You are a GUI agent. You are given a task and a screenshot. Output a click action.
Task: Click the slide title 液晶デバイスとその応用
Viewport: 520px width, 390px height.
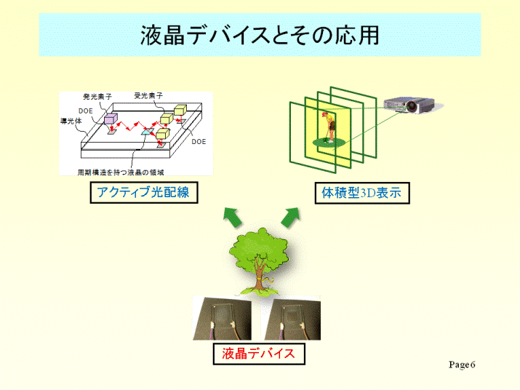point(260,35)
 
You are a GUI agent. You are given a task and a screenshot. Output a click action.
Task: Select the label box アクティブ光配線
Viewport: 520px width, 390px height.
point(144,193)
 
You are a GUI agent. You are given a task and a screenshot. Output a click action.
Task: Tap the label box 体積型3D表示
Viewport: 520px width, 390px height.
point(362,193)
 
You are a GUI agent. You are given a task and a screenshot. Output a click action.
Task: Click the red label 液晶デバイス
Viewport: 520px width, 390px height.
point(259,354)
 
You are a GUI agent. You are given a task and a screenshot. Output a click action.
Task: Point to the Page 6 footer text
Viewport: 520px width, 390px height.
point(462,365)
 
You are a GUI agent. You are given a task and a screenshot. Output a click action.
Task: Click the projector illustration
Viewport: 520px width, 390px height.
point(411,105)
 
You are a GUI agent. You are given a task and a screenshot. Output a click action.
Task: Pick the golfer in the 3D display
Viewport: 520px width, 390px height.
point(329,127)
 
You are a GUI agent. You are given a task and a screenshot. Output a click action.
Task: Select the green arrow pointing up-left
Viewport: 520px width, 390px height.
point(233,217)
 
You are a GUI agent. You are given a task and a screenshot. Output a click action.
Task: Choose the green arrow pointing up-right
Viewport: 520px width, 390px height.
point(290,217)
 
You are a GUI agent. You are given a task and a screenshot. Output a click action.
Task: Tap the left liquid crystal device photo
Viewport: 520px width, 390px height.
point(223,318)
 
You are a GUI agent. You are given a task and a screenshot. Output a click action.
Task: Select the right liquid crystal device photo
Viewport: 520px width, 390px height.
point(292,318)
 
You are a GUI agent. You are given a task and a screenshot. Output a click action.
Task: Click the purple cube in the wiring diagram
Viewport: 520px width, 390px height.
point(111,118)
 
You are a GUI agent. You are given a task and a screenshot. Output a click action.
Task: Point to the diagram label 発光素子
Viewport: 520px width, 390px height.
point(97,97)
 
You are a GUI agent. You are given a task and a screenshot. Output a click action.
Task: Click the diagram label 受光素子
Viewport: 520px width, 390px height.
point(148,95)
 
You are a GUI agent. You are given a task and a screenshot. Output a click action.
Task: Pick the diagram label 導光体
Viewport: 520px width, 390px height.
point(71,121)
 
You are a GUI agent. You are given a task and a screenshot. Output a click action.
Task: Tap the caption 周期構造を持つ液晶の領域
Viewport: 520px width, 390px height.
point(121,172)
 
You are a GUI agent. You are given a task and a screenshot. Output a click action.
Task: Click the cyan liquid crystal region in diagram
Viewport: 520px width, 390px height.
point(147,132)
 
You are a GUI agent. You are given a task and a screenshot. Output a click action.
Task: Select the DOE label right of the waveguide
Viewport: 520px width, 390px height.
point(199,142)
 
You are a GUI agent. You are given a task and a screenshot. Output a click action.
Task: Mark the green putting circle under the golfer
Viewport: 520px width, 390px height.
point(329,143)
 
